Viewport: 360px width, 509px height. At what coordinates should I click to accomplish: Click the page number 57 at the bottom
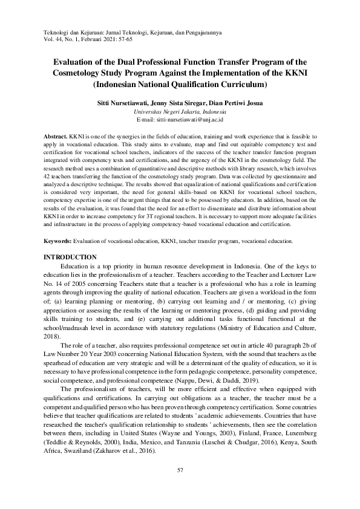(x=180, y=470)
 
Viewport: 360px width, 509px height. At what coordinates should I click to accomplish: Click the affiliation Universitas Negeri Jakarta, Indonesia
(x=180, y=112)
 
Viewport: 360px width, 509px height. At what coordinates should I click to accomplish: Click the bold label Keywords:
(x=62, y=241)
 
